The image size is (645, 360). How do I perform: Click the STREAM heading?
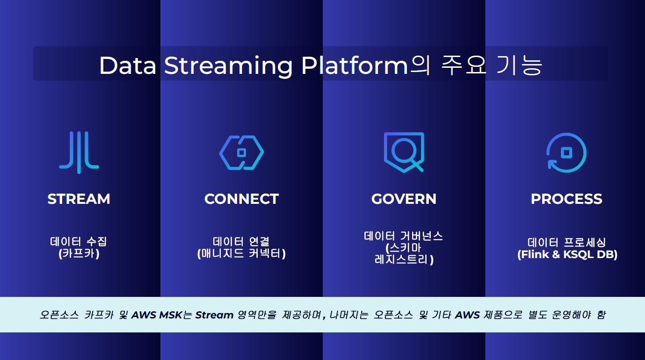coord(79,199)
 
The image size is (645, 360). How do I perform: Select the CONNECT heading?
coord(242,199)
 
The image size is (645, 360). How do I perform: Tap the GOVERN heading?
coord(404,199)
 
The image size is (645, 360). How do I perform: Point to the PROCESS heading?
coord(566,199)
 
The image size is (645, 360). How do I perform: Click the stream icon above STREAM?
coord(79,152)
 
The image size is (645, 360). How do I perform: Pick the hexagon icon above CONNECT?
coord(224,152)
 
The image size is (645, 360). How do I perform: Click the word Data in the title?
coord(128,65)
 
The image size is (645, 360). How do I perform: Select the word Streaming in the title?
coord(228,66)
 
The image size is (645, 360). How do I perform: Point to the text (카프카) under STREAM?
coord(79,254)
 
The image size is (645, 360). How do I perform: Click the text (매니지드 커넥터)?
coord(242,254)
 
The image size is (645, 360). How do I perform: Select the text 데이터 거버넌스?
coord(403,236)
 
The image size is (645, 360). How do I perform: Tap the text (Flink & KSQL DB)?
coord(567,254)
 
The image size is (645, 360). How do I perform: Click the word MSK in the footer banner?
coord(171,315)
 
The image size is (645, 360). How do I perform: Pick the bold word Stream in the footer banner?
coord(214,315)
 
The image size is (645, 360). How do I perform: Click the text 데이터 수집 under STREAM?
coord(79,242)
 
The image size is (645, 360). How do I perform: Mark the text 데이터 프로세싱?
coord(567,242)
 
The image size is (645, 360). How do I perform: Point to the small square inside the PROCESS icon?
coord(566,152)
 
